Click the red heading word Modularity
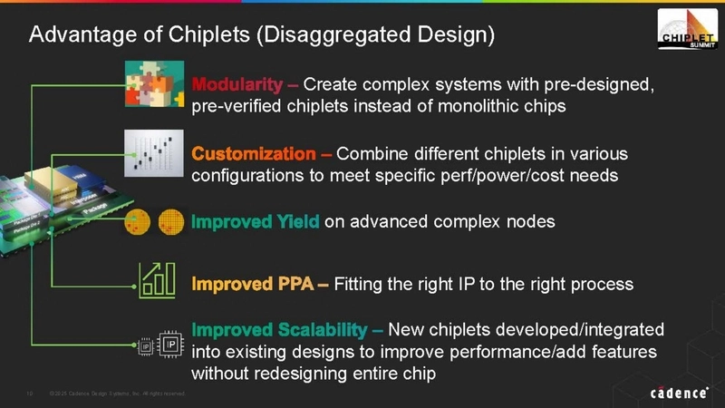tap(237, 86)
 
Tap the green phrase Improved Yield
tap(255, 220)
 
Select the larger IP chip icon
tap(169, 345)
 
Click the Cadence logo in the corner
tap(681, 392)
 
